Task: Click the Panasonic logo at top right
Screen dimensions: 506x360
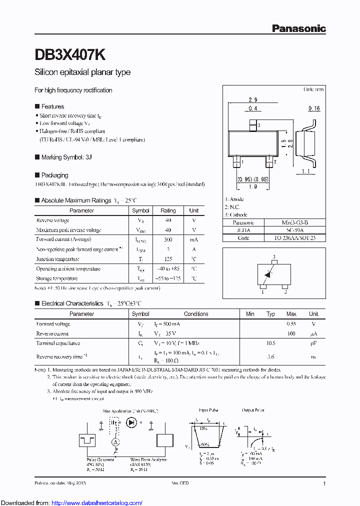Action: pyautogui.click(x=298, y=28)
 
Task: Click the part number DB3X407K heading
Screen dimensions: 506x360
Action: pyautogui.click(x=69, y=54)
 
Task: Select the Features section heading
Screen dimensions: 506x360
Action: pyautogui.click(x=52, y=106)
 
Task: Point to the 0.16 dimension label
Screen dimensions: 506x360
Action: pyautogui.click(x=314, y=108)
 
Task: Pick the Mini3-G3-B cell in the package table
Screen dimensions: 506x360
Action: pyautogui.click(x=294, y=222)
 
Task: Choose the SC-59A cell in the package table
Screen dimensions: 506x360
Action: pyautogui.click(x=294, y=230)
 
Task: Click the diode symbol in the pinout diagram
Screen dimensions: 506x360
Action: pyautogui.click(x=267, y=273)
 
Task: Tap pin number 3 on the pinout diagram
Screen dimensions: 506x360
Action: pyautogui.click(x=274, y=257)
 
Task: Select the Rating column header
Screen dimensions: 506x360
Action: pyautogui.click(x=168, y=210)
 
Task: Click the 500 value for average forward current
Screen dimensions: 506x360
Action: pyautogui.click(x=168, y=239)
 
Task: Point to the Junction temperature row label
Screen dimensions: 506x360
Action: pyautogui.click(x=57, y=259)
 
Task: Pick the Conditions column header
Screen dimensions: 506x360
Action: pyautogui.click(x=196, y=314)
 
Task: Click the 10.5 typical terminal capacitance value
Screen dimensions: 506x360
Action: pyautogui.click(x=271, y=343)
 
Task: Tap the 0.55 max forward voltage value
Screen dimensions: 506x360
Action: pyautogui.click(x=291, y=324)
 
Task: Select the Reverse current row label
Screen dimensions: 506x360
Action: pyautogui.click(x=52, y=333)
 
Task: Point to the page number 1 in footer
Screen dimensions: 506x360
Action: pyautogui.click(x=324, y=483)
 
